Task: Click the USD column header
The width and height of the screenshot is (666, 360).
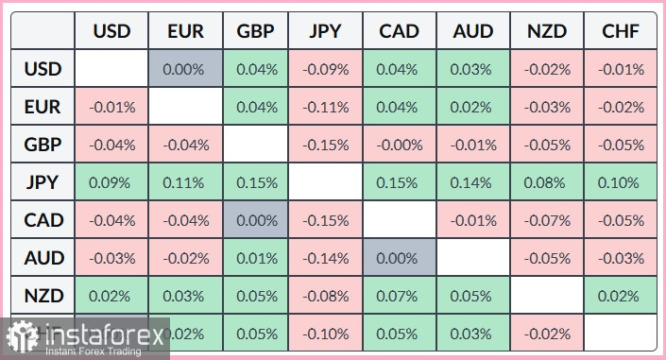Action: (111, 31)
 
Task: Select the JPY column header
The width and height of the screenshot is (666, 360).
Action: (326, 31)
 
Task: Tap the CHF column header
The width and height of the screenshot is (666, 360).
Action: (621, 31)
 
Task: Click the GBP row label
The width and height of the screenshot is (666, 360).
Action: (43, 145)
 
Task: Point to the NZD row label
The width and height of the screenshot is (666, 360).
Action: (43, 296)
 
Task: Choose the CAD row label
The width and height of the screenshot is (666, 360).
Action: (43, 220)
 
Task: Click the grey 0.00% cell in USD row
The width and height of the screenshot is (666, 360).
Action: (185, 69)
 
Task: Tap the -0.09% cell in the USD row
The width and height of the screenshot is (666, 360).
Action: (326, 69)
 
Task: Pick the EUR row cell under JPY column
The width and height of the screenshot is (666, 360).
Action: (326, 107)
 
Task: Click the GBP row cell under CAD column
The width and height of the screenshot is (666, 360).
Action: (400, 145)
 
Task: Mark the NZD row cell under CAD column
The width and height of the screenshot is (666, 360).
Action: (400, 296)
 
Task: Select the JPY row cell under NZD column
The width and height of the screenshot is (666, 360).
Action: (547, 182)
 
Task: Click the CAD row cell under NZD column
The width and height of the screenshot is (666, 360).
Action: (547, 220)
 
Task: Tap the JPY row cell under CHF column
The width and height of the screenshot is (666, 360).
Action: (621, 182)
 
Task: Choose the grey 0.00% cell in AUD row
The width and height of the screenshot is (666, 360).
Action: (400, 258)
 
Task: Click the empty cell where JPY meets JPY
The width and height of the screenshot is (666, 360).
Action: (326, 182)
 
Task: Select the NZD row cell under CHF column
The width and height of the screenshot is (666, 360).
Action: (621, 296)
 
